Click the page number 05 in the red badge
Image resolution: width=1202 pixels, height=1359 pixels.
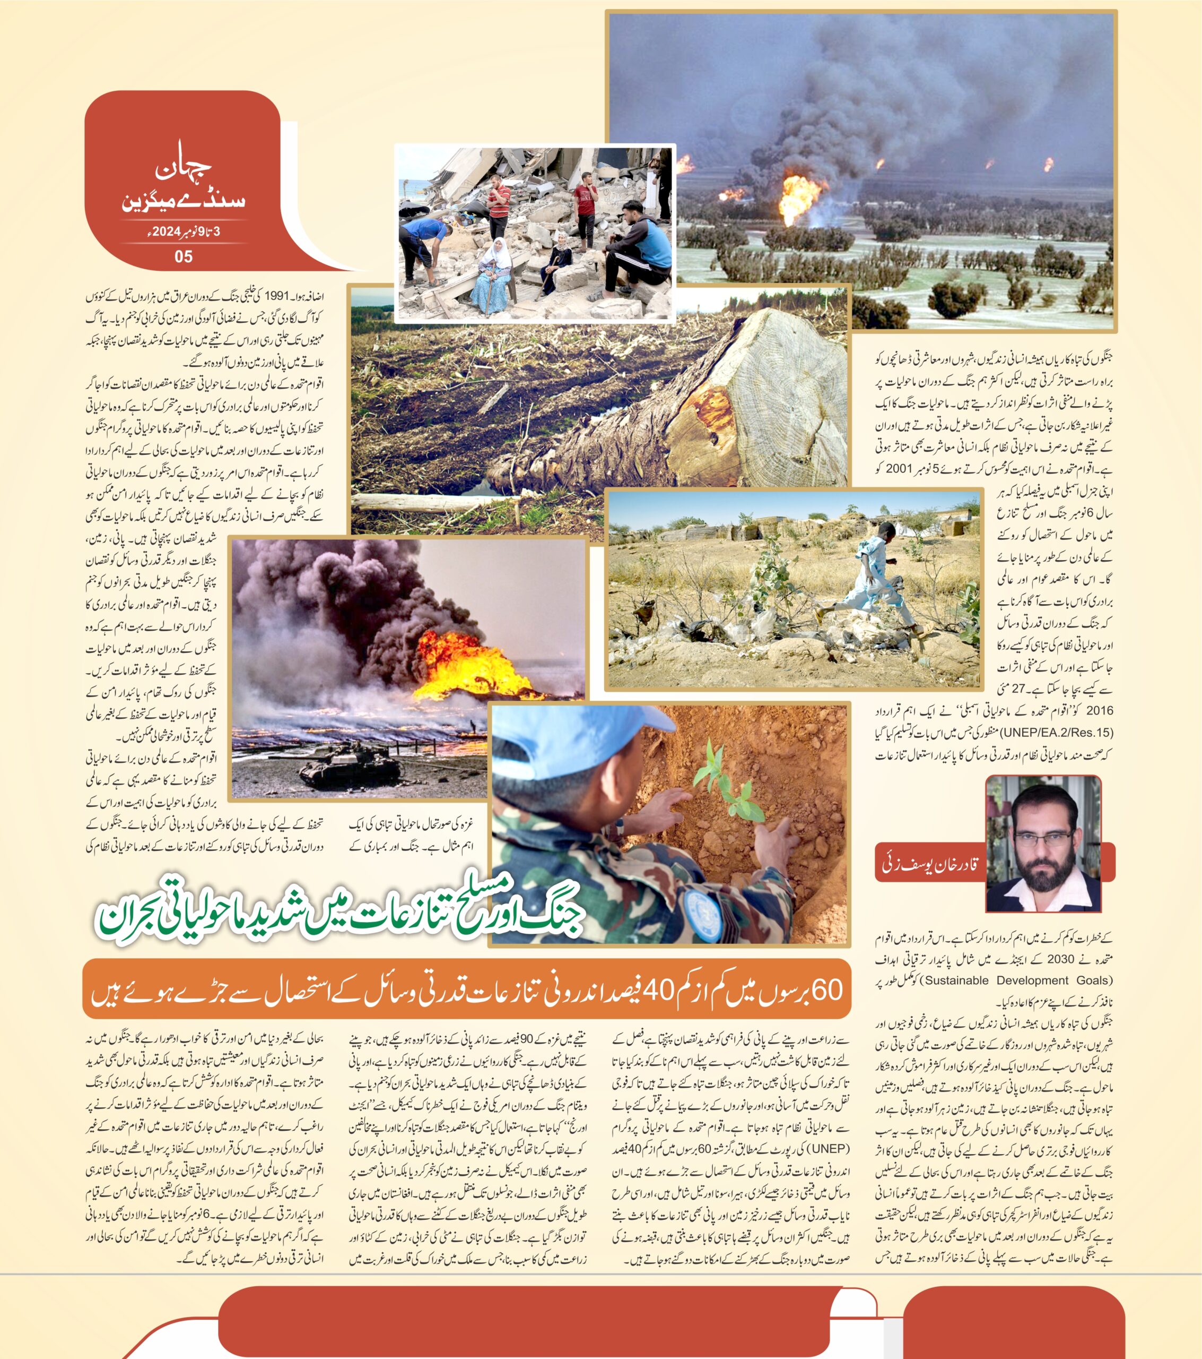point(184,256)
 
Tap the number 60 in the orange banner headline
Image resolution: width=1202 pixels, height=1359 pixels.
point(826,990)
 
